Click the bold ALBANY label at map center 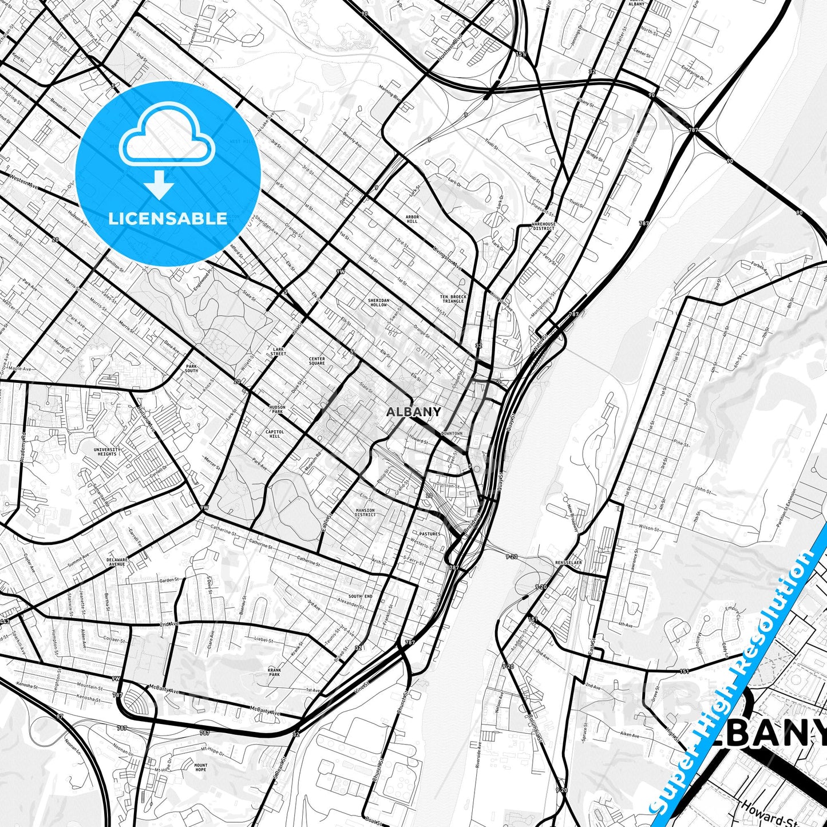pyautogui.click(x=413, y=411)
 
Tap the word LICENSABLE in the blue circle pyautogui.click(x=168, y=218)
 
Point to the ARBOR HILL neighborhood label pyautogui.click(x=412, y=219)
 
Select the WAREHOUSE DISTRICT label pyautogui.click(x=543, y=226)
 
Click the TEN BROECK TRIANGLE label pyautogui.click(x=453, y=299)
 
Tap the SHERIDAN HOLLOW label pyautogui.click(x=378, y=302)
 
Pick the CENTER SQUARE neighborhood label pyautogui.click(x=316, y=361)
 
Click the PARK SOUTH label pyautogui.click(x=191, y=368)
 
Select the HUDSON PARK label pyautogui.click(x=277, y=409)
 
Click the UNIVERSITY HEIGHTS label pyautogui.click(x=107, y=452)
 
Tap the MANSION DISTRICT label pyautogui.click(x=365, y=512)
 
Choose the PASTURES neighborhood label pyautogui.click(x=429, y=534)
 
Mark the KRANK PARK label pyautogui.click(x=274, y=672)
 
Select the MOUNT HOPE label pyautogui.click(x=200, y=767)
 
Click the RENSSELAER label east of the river pyautogui.click(x=568, y=563)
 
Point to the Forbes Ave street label pyautogui.click(x=759, y=268)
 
